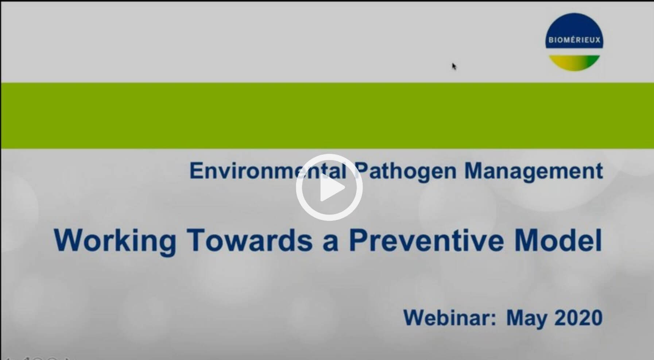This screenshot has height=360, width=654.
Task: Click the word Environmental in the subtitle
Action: (x=268, y=170)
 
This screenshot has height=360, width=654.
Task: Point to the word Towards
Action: (x=249, y=240)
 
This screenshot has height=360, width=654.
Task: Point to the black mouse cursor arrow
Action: (x=454, y=66)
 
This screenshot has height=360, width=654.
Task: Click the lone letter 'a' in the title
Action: (x=330, y=244)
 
